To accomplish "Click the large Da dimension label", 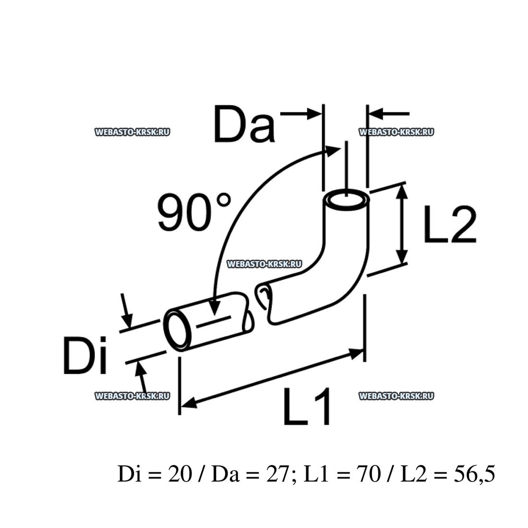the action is coord(244,123).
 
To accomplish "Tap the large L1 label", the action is coord(307,406).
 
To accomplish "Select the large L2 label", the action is coord(450,224).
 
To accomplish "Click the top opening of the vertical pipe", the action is coord(347,200).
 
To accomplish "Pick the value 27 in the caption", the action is coord(277,474).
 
